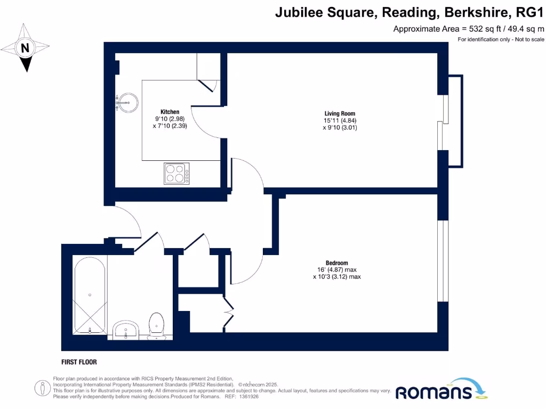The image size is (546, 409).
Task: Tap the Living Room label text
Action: tap(340, 113)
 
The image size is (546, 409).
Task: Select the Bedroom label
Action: tap(336, 263)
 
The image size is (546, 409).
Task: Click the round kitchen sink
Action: tap(126, 102)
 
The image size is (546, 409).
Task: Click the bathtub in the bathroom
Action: tap(90, 296)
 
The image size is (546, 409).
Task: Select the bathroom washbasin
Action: tap(126, 329)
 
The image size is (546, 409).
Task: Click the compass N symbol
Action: tap(25, 48)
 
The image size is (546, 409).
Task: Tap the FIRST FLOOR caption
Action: tap(79, 362)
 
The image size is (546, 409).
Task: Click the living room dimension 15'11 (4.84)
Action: tap(340, 120)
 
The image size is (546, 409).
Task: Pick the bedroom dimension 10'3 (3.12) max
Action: tap(336, 277)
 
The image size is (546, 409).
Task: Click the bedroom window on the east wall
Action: tap(442, 261)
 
